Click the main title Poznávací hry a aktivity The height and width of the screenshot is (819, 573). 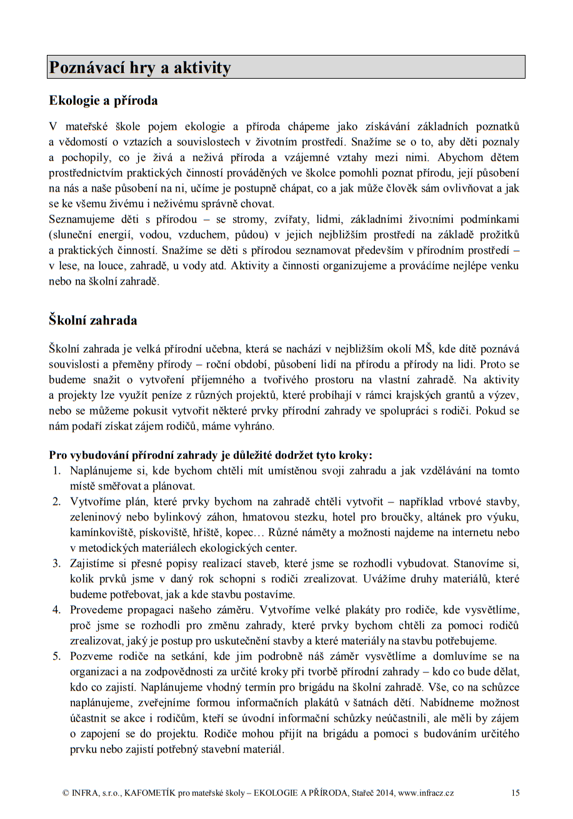click(x=140, y=67)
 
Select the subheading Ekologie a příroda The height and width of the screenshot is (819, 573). click(x=103, y=100)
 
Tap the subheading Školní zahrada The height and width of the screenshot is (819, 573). click(x=93, y=321)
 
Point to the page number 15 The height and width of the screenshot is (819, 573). click(x=515, y=793)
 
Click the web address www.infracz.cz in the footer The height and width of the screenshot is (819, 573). click(x=426, y=793)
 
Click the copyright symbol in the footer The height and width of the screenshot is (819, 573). click(x=66, y=793)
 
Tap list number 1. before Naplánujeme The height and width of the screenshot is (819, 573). click(x=56, y=471)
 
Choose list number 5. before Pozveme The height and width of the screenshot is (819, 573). click(x=56, y=657)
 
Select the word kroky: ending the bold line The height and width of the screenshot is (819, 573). click(x=356, y=455)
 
